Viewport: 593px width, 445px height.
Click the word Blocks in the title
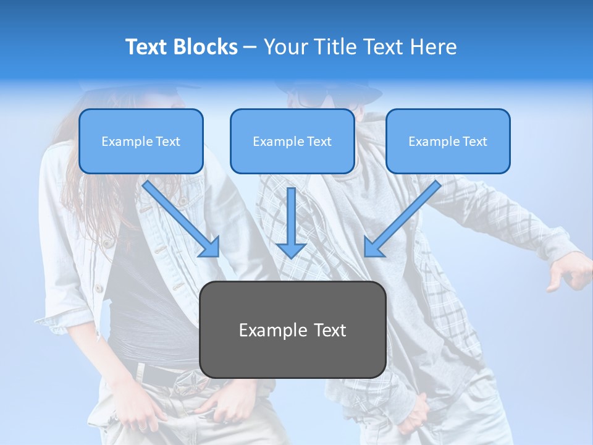[x=207, y=47]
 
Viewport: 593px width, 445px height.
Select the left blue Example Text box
[x=141, y=142]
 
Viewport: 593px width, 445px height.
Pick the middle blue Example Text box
[x=292, y=142]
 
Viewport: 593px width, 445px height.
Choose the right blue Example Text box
[x=448, y=142]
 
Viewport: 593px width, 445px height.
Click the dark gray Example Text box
[x=292, y=329]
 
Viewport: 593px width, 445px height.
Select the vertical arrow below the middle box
[x=291, y=222]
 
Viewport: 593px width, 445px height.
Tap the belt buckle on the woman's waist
[x=186, y=383]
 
